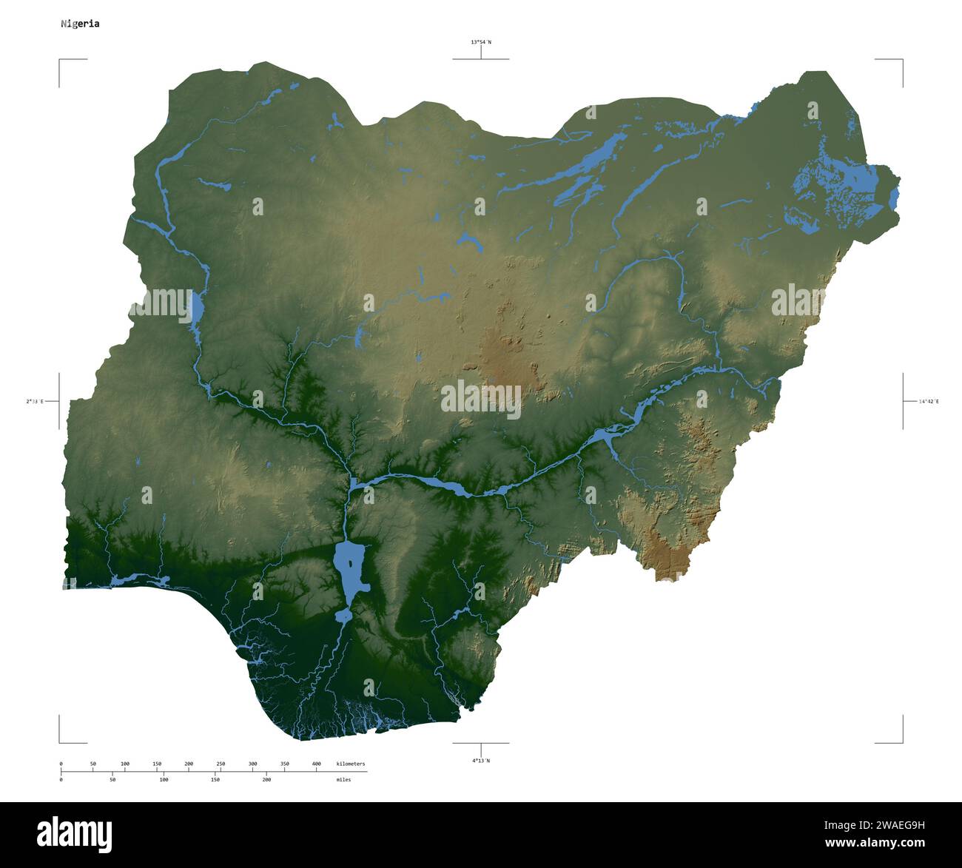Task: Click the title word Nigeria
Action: pos(80,24)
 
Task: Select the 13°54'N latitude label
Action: pos(481,42)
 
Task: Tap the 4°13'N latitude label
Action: pos(481,760)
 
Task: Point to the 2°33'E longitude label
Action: pos(35,401)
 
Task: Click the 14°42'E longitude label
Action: pos(928,401)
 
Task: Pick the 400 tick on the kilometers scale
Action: pos(316,764)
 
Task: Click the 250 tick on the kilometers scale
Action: pos(221,764)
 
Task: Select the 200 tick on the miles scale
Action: pos(266,779)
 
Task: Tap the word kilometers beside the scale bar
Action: pos(350,764)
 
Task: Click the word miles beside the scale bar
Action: pos(343,779)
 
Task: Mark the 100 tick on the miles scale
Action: pos(164,779)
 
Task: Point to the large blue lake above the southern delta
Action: pos(349,566)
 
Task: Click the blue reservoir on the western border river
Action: pos(197,309)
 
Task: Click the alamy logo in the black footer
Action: pos(74,834)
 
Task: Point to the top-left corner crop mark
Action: pos(60,60)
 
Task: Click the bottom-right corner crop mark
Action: pos(902,742)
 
